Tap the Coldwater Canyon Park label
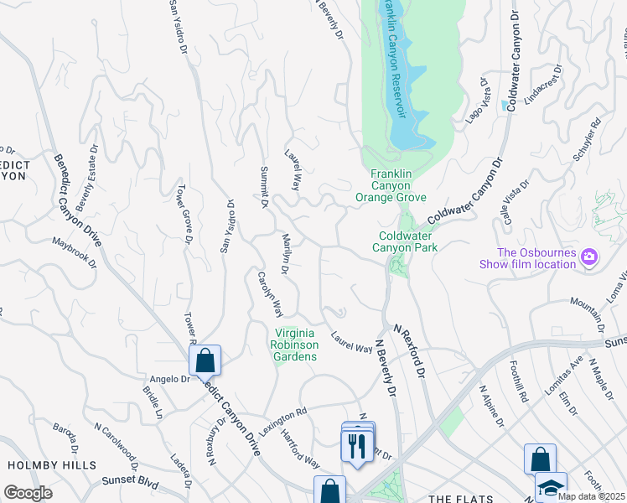[x=408, y=241]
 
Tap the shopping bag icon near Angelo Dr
[x=205, y=361]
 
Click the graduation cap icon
[x=551, y=487]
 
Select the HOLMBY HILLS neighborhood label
[x=52, y=464]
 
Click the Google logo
[x=28, y=492]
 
